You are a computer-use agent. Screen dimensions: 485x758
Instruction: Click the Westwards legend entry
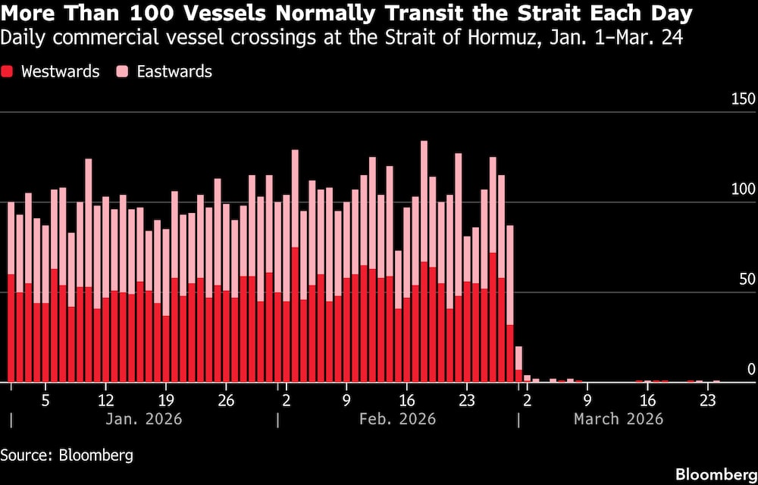click(x=60, y=72)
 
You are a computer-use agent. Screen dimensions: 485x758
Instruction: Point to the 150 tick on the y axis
click(x=743, y=100)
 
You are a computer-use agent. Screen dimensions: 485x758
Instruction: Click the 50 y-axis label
click(x=747, y=280)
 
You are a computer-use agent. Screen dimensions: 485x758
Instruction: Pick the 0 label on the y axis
click(x=751, y=370)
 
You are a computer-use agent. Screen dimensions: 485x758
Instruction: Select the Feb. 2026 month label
click(x=397, y=419)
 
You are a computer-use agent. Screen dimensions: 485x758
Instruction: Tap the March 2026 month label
click(x=618, y=419)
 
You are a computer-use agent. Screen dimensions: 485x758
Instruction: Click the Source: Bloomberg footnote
click(x=67, y=455)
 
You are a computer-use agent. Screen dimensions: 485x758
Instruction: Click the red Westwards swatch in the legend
click(x=8, y=72)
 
